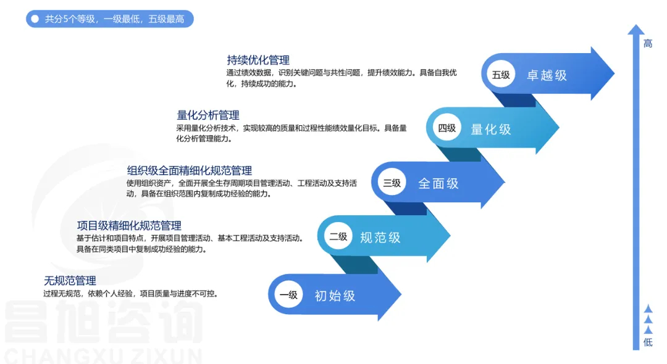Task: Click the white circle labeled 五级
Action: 501,74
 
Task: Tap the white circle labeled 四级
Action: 447,128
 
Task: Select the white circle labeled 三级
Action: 392,183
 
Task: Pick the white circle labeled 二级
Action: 338,236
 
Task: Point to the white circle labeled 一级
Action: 288,294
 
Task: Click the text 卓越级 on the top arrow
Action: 547,75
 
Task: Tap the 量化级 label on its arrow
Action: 491,129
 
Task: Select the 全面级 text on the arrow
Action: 438,183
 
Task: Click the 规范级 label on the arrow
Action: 380,238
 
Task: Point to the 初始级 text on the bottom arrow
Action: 335,296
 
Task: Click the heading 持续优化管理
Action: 258,60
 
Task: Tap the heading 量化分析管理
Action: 208,115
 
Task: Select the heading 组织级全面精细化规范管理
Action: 190,171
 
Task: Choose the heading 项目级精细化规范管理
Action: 129,226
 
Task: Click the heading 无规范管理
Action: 70,281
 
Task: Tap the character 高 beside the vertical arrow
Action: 648,43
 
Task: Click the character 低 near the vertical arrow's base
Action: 648,342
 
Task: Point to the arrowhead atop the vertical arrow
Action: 636,30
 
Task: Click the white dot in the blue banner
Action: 35,19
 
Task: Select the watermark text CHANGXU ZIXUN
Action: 103,355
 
